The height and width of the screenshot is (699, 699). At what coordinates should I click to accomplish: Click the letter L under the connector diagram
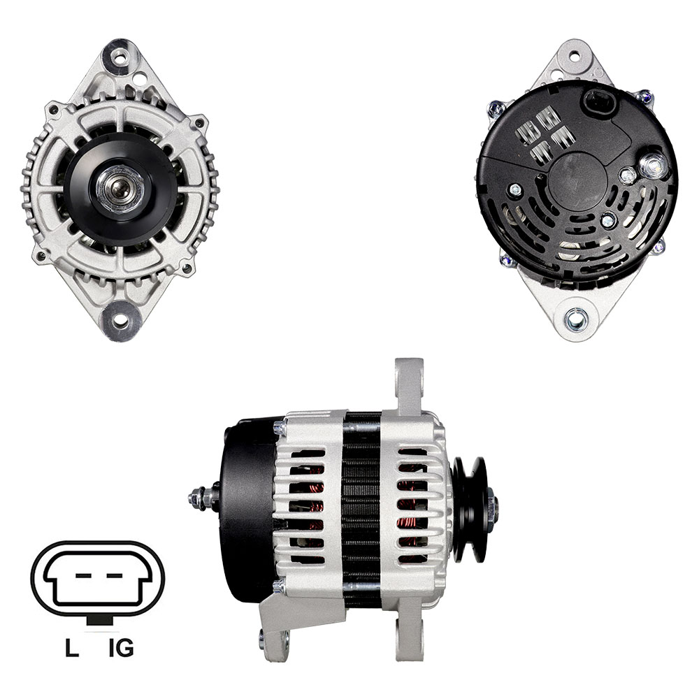pyautogui.click(x=72, y=648)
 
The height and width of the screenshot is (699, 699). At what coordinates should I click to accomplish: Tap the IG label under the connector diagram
pyautogui.click(x=121, y=648)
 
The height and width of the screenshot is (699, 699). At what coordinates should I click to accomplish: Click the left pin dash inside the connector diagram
pyautogui.click(x=84, y=575)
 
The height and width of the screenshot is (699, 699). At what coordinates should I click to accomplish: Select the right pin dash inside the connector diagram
pyautogui.click(x=114, y=575)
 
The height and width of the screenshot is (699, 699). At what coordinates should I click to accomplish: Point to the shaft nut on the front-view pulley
pyautogui.click(x=120, y=187)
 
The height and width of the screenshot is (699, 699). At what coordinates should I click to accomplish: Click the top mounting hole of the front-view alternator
pyautogui.click(x=120, y=57)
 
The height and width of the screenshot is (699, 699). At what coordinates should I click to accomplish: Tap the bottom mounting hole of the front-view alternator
pyautogui.click(x=120, y=320)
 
